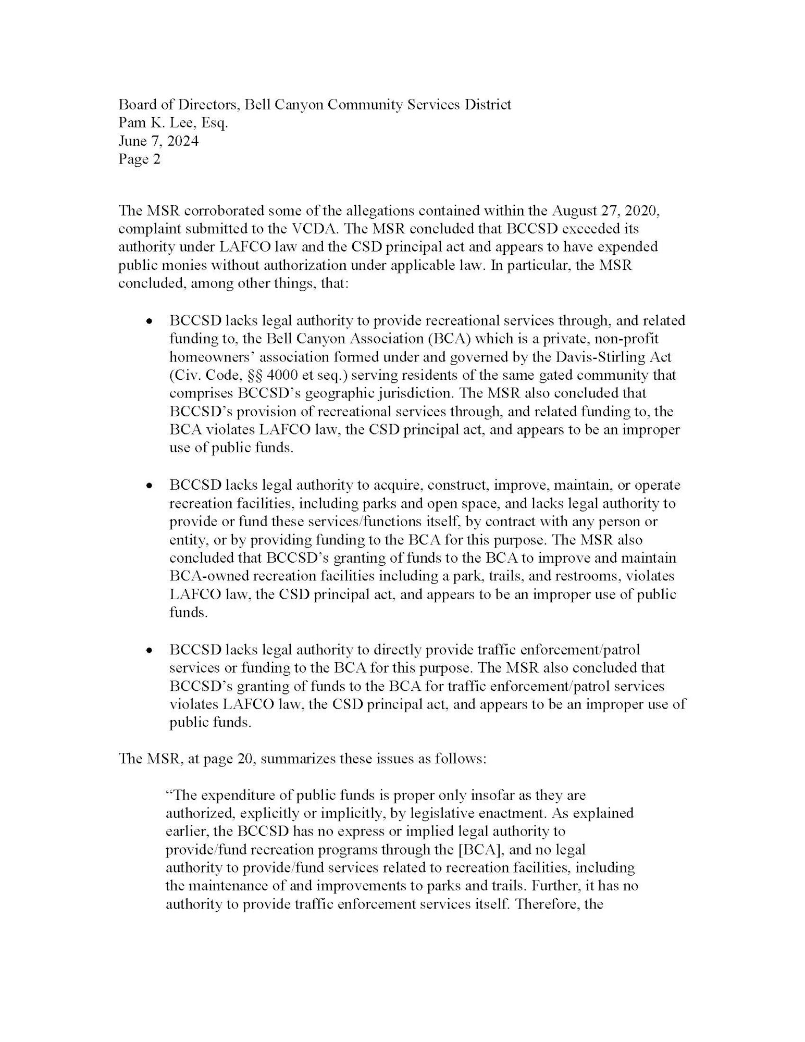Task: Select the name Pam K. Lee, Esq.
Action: click(173, 123)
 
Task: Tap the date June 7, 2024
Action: click(158, 141)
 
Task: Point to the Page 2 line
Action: click(139, 159)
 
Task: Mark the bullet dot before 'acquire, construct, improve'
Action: click(150, 486)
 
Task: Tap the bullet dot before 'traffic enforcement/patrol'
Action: click(150, 651)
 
